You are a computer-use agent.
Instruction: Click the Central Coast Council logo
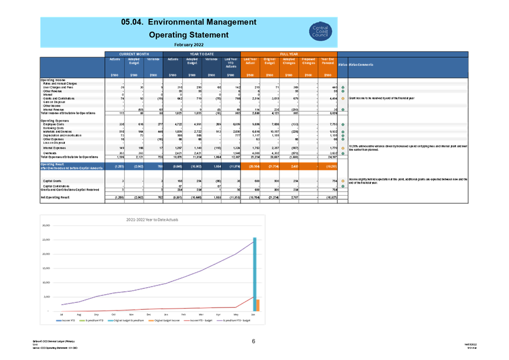point(320,31)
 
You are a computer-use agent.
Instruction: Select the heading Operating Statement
point(189,35)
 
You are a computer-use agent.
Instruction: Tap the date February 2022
point(189,44)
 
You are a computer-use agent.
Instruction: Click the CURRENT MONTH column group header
point(134,54)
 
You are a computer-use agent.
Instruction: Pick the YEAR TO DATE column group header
point(202,54)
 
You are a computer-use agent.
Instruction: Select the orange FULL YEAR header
point(289,54)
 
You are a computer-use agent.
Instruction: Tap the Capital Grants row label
point(53,181)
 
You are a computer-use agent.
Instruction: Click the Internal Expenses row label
point(56,148)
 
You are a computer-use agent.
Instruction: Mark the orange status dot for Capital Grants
point(342,181)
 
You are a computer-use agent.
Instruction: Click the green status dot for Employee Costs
point(342,125)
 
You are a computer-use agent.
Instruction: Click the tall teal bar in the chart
point(254,274)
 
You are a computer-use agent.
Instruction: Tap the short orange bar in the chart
point(259,305)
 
